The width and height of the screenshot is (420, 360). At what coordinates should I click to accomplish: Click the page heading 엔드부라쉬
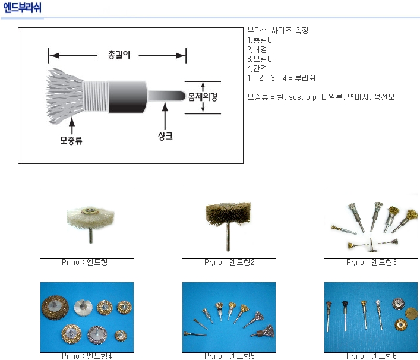click(x=22, y=8)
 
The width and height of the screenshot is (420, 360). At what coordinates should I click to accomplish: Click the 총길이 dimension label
click(x=119, y=55)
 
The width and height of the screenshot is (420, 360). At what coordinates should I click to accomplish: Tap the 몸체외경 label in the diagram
click(x=203, y=97)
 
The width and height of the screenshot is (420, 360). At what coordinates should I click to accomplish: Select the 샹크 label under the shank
click(x=165, y=136)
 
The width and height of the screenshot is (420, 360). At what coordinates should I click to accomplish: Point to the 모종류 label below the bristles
click(x=71, y=140)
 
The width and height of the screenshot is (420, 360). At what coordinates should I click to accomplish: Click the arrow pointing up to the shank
click(x=165, y=116)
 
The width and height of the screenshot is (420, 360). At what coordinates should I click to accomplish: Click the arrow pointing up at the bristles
click(x=71, y=125)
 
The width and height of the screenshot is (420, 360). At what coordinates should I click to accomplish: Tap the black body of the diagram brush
click(x=128, y=97)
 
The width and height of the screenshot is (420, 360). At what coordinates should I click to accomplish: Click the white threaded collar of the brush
click(x=96, y=96)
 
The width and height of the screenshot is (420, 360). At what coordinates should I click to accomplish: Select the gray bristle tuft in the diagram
click(x=65, y=96)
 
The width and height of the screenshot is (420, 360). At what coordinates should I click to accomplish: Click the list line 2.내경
click(x=257, y=49)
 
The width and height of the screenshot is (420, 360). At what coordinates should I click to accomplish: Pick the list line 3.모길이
click(x=260, y=59)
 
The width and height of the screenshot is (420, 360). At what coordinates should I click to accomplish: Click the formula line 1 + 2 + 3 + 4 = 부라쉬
click(x=281, y=78)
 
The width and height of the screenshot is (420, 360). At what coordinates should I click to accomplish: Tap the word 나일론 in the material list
click(x=332, y=97)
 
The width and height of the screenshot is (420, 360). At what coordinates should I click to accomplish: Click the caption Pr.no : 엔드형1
click(x=87, y=262)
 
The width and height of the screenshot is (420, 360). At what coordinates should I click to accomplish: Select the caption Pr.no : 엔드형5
click(x=229, y=356)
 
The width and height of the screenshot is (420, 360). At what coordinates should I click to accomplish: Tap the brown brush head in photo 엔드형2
click(x=228, y=213)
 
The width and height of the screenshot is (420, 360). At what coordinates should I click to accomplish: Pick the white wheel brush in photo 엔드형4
click(x=83, y=308)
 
